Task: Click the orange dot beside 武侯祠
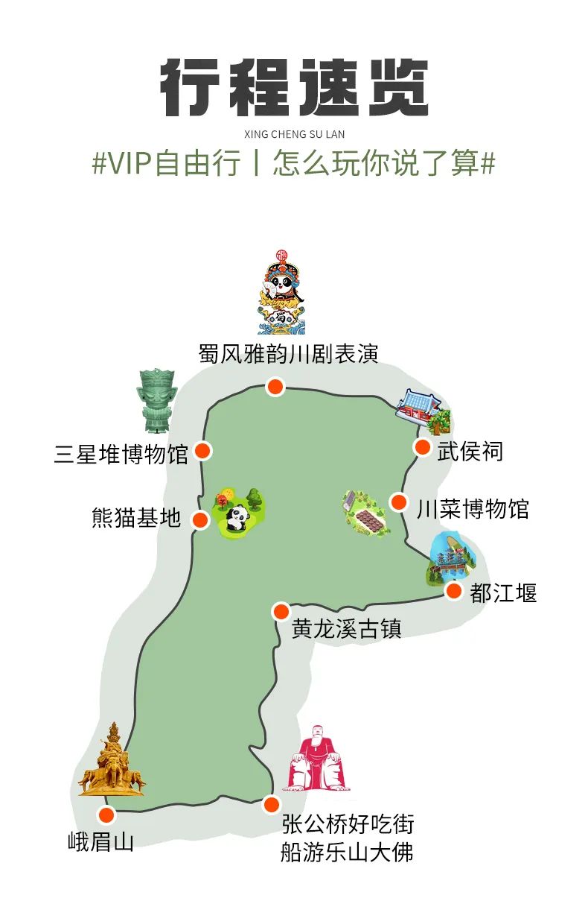422,447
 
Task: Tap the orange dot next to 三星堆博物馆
203,451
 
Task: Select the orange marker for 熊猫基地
200,519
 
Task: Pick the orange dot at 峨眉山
106,815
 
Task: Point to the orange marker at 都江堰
453,591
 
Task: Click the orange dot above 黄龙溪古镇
281,612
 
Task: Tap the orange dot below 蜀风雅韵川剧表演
275,387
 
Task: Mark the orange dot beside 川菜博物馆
399,502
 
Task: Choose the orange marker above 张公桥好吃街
272,804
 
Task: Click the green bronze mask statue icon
156,401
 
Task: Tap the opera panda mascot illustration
281,292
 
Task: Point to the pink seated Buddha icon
316,758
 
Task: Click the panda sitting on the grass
237,519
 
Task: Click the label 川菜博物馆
473,509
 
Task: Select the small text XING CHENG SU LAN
294,134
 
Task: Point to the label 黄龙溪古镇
347,628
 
